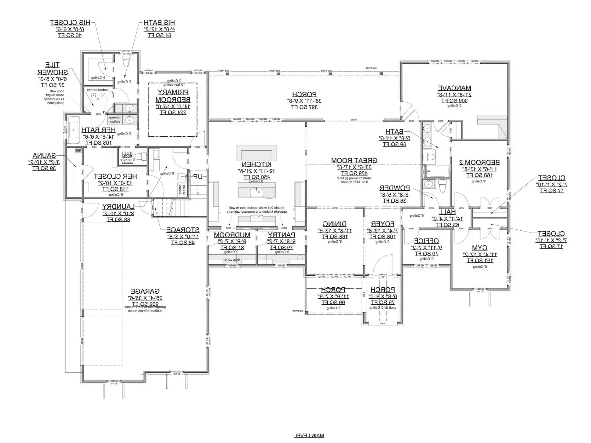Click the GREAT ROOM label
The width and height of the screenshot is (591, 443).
[x=354, y=161]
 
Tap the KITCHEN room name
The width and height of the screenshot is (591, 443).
[x=257, y=164]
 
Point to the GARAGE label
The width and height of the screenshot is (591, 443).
[x=145, y=291]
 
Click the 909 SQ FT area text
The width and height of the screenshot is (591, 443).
[x=145, y=304]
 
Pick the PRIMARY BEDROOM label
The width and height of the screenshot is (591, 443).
[x=173, y=96]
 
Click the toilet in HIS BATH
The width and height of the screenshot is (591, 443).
[x=126, y=63]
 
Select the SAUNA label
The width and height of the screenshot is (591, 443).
[x=44, y=156]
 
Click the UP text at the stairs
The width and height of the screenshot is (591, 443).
[x=198, y=176]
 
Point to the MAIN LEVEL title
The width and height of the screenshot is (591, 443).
[x=309, y=435]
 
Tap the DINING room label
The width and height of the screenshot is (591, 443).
[x=335, y=224]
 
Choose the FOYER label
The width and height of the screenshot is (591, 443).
[x=382, y=224]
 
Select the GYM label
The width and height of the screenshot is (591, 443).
[x=479, y=248]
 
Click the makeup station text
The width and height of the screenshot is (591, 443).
[x=115, y=119]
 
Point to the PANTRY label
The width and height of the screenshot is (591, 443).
[x=281, y=235]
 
